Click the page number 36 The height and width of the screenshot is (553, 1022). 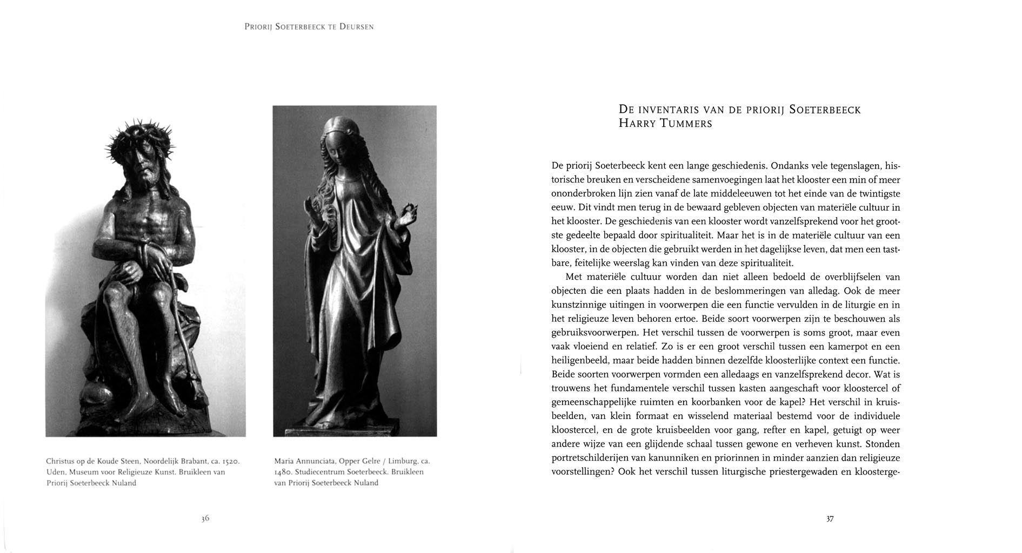tap(205, 518)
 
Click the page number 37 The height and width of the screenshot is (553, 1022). tap(830, 519)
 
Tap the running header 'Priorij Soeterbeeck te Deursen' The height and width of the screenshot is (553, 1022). tap(309, 26)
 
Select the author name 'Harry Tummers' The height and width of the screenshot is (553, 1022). tap(665, 124)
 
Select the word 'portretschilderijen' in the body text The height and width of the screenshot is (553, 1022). tap(592, 458)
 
